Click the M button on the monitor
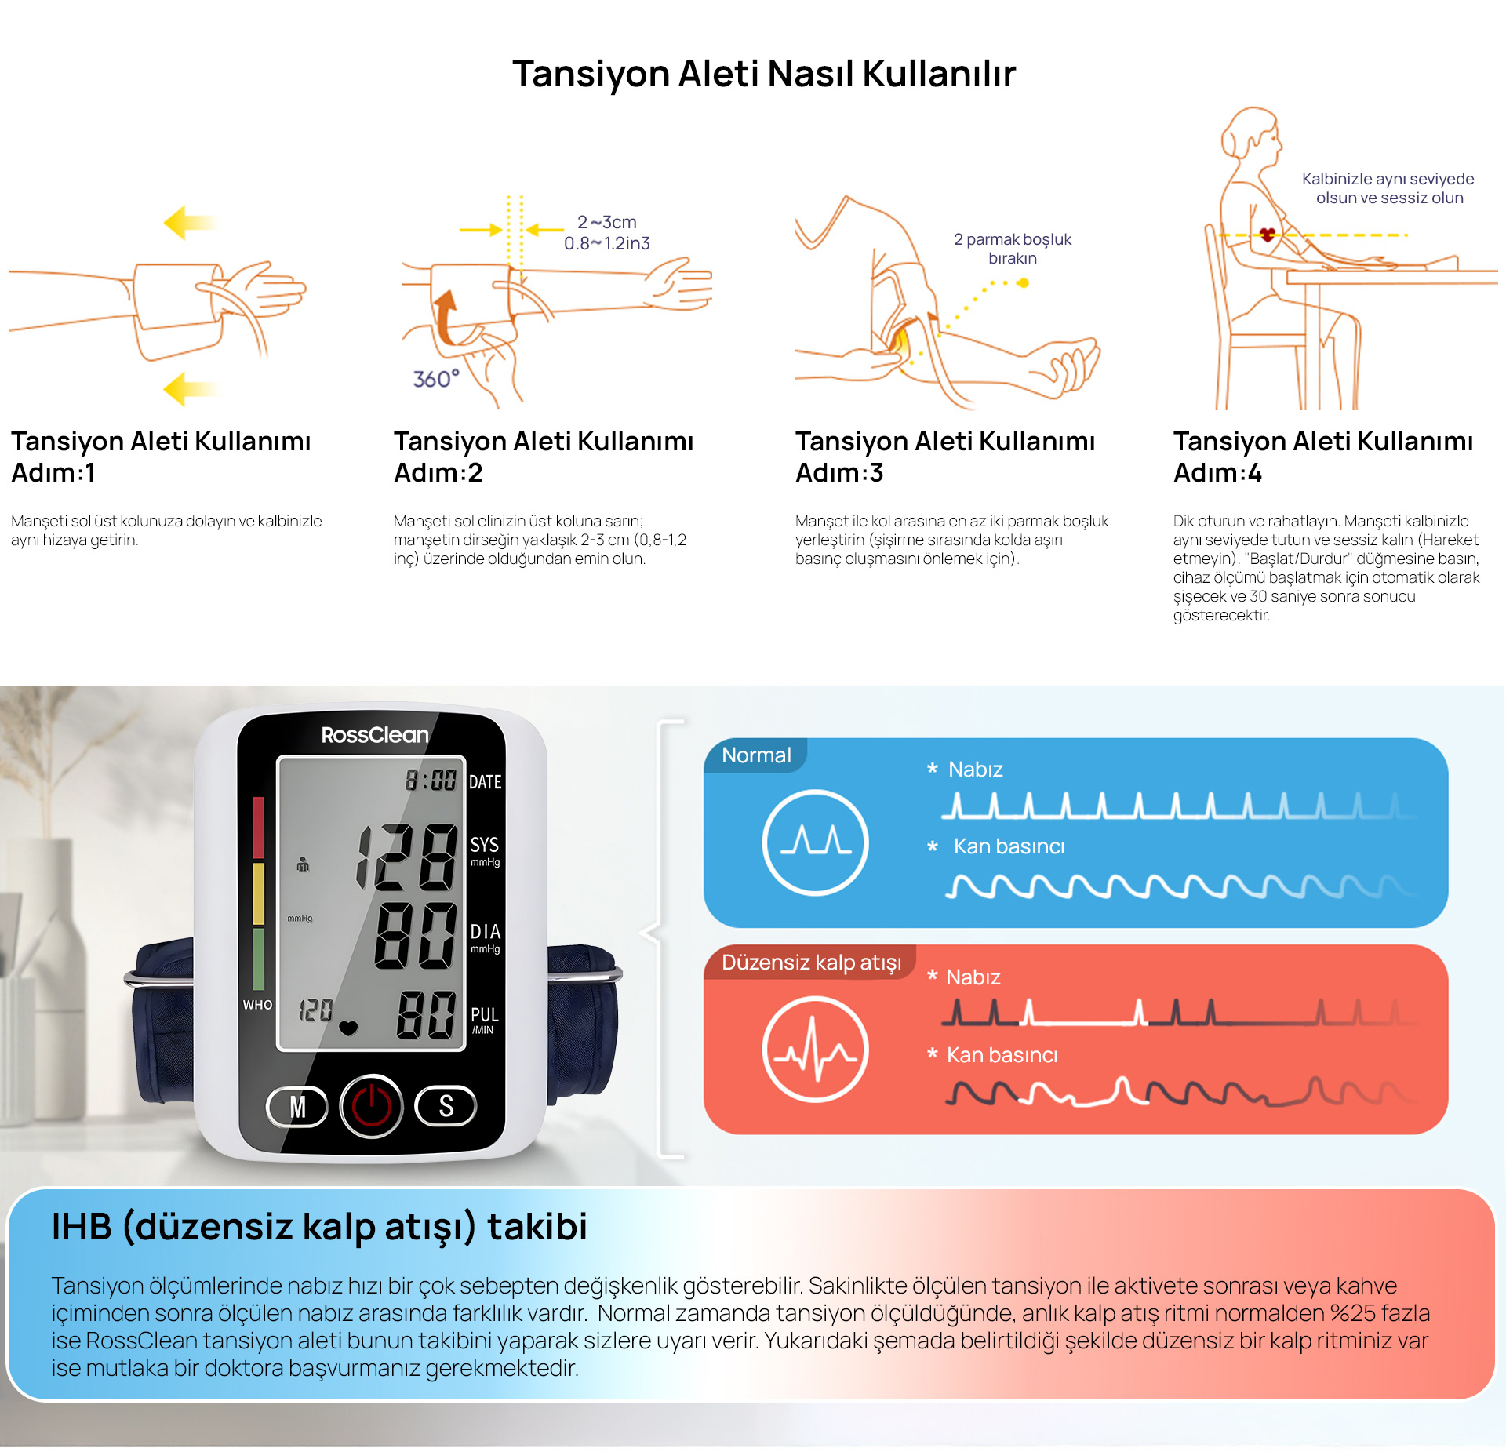(x=297, y=1107)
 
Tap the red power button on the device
(x=371, y=1106)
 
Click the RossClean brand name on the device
(x=375, y=735)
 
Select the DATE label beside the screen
(x=486, y=782)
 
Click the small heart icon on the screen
(x=348, y=1028)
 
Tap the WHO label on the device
(x=257, y=1005)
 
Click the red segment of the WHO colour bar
(x=259, y=828)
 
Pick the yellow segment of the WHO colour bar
(x=259, y=894)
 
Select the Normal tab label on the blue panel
(x=756, y=755)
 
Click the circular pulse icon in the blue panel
(x=816, y=842)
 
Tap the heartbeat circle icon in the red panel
(x=816, y=1050)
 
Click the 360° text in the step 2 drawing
(x=436, y=380)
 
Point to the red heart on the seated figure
(x=1268, y=234)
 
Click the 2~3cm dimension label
(x=607, y=222)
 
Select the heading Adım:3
(x=839, y=473)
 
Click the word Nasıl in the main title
(x=810, y=74)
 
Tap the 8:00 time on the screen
(x=431, y=780)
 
